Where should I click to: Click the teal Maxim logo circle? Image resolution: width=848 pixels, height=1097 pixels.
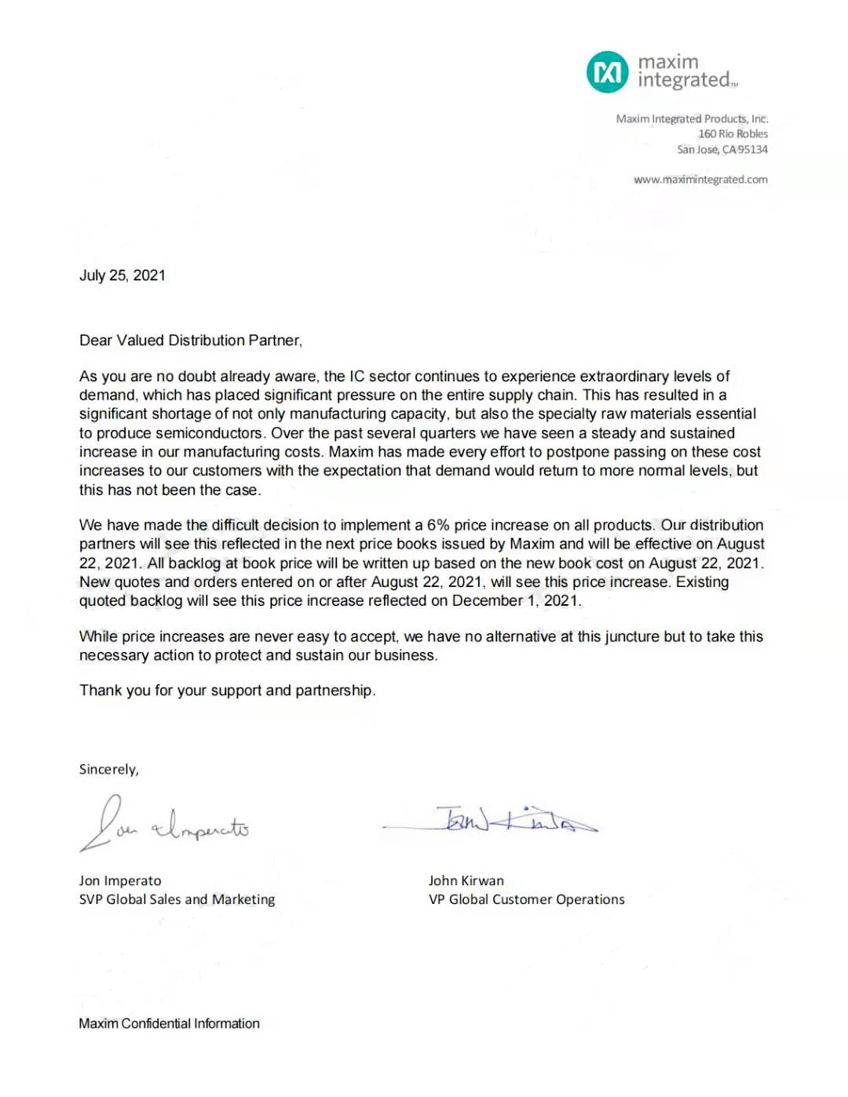[607, 72]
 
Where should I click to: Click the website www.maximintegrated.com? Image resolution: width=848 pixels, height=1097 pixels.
[700, 180]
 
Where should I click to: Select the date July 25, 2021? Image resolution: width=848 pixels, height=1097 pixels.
[122, 275]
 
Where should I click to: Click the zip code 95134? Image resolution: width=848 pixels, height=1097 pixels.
[752, 150]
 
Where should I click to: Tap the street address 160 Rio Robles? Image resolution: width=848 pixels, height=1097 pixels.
[733, 134]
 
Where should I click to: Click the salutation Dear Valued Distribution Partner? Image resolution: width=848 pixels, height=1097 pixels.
[190, 341]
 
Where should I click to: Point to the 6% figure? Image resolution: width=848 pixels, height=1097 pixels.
[437, 525]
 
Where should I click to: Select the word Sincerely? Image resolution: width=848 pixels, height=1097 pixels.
[108, 770]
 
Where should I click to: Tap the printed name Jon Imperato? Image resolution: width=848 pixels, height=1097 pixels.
[120, 881]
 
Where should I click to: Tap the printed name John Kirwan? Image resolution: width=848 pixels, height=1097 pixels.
[466, 881]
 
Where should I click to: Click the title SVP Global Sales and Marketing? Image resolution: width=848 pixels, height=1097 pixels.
[177, 900]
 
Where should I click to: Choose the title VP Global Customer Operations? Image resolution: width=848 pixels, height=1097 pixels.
[526, 900]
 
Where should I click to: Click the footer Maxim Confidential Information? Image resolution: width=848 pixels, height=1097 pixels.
[169, 1024]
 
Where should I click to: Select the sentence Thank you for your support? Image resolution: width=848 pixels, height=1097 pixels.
[227, 691]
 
